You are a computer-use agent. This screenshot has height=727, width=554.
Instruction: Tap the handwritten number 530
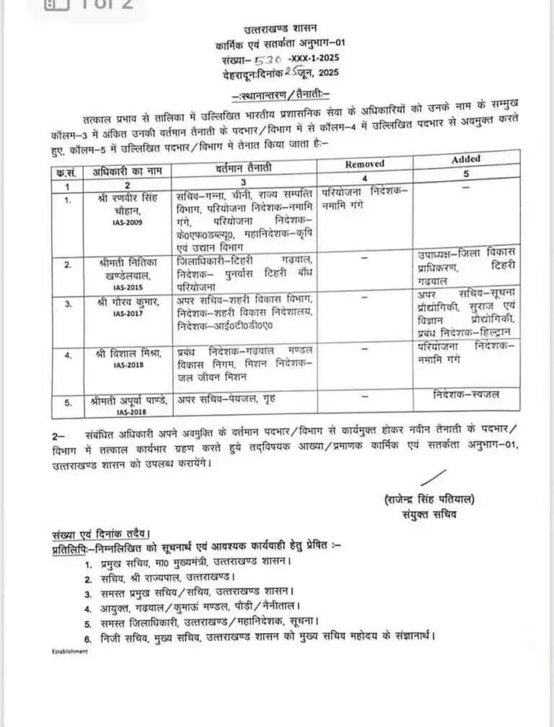click(268, 58)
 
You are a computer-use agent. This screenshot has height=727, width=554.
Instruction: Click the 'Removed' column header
click(364, 164)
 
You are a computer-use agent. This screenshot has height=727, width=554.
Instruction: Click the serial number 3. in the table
click(69, 304)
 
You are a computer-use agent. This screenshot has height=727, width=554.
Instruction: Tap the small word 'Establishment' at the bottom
click(69, 651)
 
